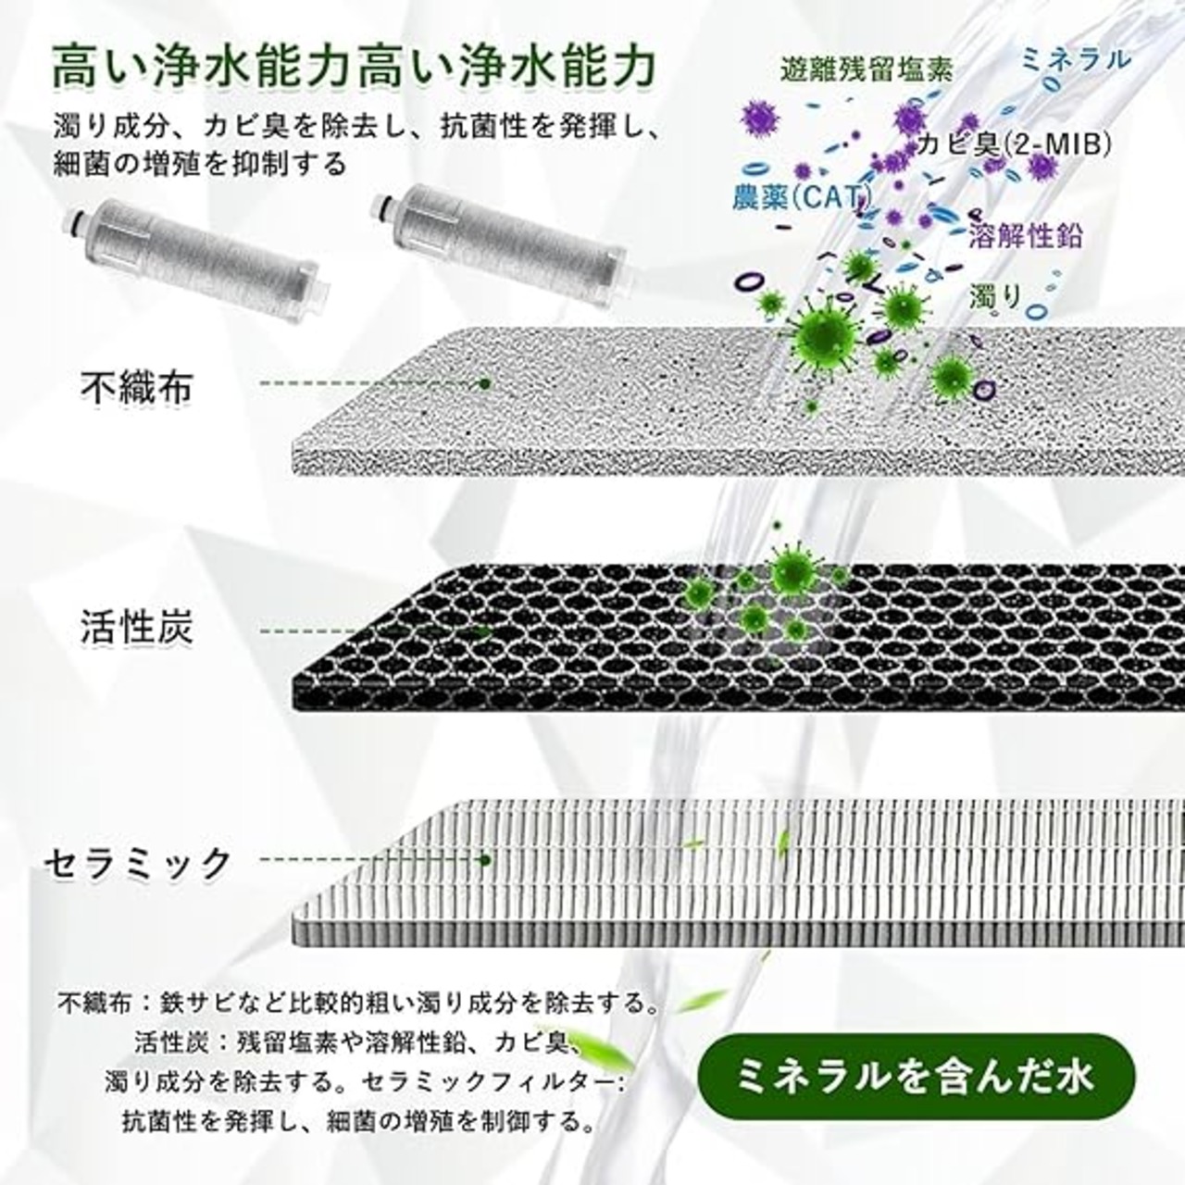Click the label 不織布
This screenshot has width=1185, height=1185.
(137, 387)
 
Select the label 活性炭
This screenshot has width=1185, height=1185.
(137, 627)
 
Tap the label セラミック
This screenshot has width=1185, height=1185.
(137, 864)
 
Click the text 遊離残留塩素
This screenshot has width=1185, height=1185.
(867, 70)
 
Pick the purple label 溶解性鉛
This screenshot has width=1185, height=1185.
(1026, 234)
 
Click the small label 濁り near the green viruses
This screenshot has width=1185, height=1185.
(995, 297)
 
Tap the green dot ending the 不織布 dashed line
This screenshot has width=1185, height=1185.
(484, 383)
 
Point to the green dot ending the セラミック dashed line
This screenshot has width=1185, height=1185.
(484, 860)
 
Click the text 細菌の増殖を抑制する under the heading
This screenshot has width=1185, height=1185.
(200, 164)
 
